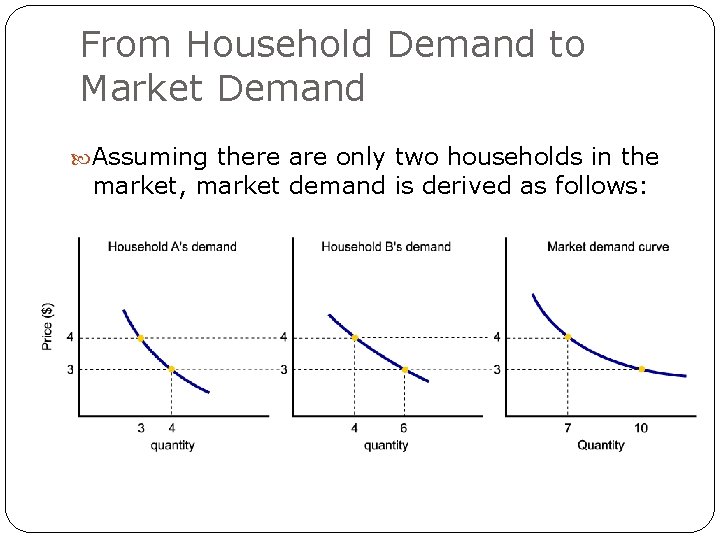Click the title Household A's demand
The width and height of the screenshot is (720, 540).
click(x=171, y=246)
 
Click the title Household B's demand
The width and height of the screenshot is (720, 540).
click(x=386, y=246)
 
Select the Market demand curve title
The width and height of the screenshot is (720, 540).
click(x=608, y=246)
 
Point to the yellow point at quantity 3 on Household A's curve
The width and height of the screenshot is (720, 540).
click(x=140, y=338)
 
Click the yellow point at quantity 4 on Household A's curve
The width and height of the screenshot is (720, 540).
click(x=172, y=369)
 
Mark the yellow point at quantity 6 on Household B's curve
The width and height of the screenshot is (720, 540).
click(x=405, y=369)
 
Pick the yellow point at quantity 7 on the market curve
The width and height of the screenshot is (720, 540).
click(x=568, y=337)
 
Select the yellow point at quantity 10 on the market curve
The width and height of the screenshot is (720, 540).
click(x=642, y=369)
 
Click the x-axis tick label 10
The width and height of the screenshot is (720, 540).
click(x=641, y=428)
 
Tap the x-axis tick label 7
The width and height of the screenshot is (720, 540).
click(x=568, y=428)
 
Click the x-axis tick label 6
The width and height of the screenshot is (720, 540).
click(x=405, y=428)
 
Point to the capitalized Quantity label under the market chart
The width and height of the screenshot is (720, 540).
click(x=600, y=445)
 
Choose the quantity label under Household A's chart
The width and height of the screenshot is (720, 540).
click(x=173, y=445)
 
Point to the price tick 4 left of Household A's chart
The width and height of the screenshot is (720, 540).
click(x=70, y=337)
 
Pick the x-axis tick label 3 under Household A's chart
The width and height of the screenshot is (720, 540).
click(x=141, y=428)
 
